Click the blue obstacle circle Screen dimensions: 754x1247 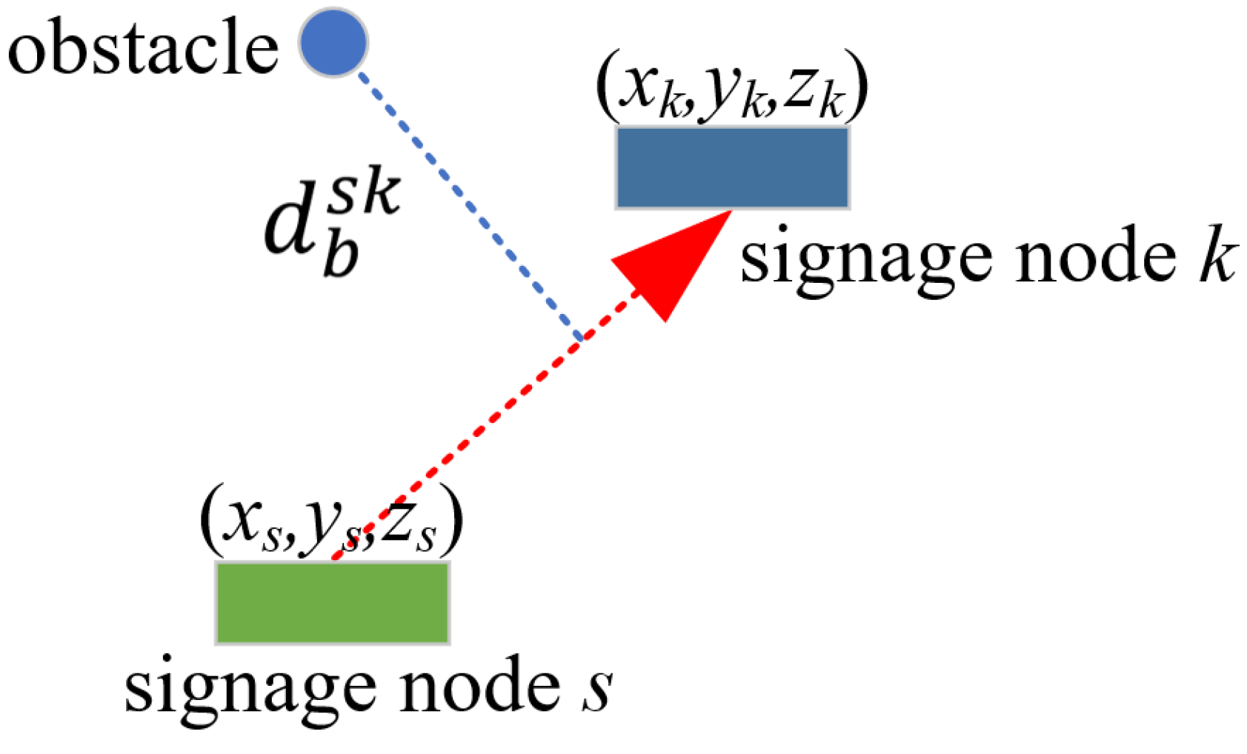(333, 42)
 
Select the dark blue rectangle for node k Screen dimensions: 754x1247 (732, 167)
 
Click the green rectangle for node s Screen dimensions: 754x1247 (332, 602)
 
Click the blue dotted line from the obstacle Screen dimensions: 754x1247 (467, 200)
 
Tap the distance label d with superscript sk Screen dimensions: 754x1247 (330, 222)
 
